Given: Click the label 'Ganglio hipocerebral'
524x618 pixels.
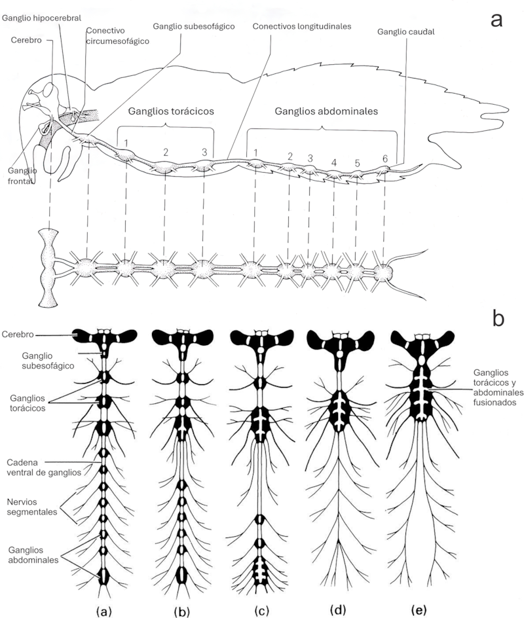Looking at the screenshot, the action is [41, 18].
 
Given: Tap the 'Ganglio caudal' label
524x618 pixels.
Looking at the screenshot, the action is [405, 32].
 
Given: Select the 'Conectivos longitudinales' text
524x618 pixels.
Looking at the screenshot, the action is [301, 26].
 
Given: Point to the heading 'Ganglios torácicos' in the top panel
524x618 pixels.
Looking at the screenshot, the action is [171, 111].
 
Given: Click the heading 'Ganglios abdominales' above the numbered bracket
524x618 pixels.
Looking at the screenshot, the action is [326, 111].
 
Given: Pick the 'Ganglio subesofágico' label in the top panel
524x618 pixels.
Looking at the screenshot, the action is [194, 26].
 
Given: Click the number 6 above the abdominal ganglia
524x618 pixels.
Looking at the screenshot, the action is [385, 159].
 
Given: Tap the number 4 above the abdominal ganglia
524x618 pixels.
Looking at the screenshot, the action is [334, 163].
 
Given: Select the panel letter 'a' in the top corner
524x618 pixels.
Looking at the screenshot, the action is [496, 20].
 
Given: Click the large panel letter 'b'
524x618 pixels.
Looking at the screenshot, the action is [498, 318].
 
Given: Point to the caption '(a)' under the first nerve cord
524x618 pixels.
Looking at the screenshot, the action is [103, 611].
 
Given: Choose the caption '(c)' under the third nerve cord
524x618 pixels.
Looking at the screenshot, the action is [261, 611].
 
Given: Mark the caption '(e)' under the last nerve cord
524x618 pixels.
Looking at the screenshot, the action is [419, 611].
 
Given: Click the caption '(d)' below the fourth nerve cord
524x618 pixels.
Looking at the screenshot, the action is [338, 611].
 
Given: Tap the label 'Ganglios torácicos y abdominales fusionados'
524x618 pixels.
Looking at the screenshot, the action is [498, 388].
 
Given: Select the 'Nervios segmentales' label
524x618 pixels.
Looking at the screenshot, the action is [32, 507].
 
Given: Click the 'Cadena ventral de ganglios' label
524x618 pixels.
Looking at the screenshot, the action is [44, 467].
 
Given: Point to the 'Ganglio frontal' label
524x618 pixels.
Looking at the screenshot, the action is [22, 176].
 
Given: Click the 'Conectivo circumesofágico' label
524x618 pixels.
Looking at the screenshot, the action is [117, 36].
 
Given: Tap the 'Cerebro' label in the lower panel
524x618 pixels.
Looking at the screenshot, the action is [17, 335].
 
